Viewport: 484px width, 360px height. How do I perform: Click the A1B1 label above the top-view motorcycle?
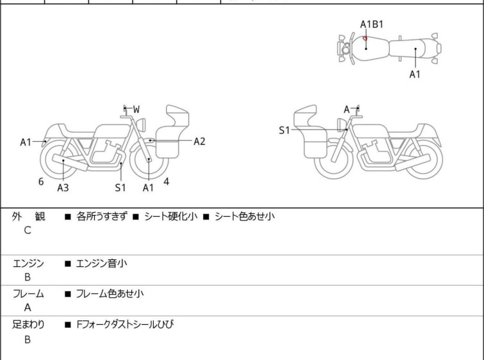pyautogui.click(x=372, y=24)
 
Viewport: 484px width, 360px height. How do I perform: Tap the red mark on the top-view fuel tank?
pyautogui.click(x=365, y=39)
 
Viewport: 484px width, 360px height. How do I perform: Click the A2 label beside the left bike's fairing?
pyautogui.click(x=199, y=141)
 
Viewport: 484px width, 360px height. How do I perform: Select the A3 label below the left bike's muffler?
pyautogui.click(x=63, y=187)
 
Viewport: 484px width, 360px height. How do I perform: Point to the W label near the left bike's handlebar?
pyautogui.click(x=136, y=110)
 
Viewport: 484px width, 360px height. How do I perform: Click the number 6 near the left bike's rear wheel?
pyautogui.click(x=41, y=182)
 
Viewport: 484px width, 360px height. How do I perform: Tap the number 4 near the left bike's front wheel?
pyautogui.click(x=166, y=182)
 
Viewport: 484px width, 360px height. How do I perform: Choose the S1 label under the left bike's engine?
pyautogui.click(x=121, y=187)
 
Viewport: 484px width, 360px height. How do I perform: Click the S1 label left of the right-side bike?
pyautogui.click(x=284, y=130)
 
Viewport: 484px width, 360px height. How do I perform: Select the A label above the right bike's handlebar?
pyautogui.click(x=347, y=110)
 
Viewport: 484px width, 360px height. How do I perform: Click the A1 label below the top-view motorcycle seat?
pyautogui.click(x=415, y=74)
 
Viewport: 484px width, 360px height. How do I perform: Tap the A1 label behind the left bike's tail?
pyautogui.click(x=26, y=142)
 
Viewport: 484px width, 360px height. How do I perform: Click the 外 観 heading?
pyautogui.click(x=28, y=217)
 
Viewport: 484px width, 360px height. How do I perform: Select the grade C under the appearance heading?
pyautogui.click(x=28, y=230)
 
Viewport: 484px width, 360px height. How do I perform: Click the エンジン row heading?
pyautogui.click(x=28, y=263)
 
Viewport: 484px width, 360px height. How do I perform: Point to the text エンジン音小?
pyautogui.click(x=102, y=263)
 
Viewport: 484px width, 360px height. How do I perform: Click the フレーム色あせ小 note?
pyautogui.click(x=110, y=294)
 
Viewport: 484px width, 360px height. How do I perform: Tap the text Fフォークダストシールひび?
pyautogui.click(x=125, y=325)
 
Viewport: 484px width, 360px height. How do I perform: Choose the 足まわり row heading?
pyautogui.click(x=28, y=325)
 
